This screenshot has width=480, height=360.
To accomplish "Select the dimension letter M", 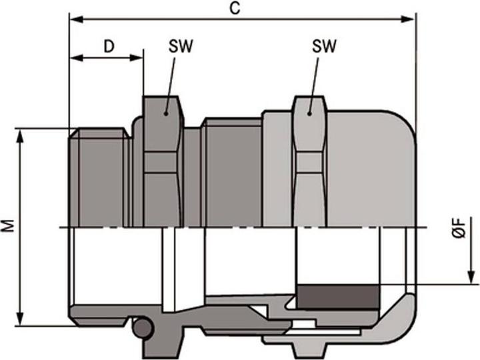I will click(9, 227).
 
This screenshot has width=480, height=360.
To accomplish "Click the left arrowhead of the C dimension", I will click(74, 19).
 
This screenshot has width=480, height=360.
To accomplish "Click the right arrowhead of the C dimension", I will click(411, 19).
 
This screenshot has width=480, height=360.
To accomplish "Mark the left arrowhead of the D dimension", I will click(74, 58).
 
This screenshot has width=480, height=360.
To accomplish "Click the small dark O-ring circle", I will click(141, 328).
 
